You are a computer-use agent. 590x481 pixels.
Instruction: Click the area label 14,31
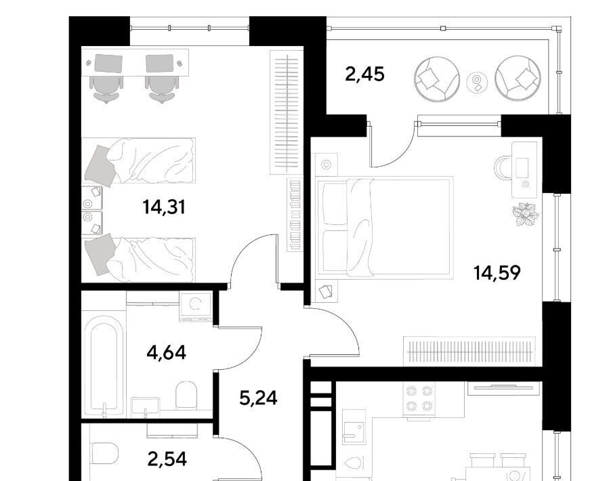(x=164, y=207)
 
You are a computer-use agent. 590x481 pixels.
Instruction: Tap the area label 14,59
(x=497, y=272)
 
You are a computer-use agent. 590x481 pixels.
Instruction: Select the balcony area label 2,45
(x=364, y=74)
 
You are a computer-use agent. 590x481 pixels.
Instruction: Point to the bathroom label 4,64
(x=167, y=353)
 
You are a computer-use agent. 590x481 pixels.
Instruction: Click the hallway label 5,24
(x=259, y=398)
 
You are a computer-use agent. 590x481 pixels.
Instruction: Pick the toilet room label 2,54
(x=167, y=459)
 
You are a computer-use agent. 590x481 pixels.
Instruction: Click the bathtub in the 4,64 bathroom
(x=104, y=364)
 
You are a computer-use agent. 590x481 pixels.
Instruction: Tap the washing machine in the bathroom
(x=195, y=307)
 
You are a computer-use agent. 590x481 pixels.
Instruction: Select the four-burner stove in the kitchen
(x=419, y=399)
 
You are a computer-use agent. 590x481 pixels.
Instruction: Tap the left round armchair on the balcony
(x=436, y=79)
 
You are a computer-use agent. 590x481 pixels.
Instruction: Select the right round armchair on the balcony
(x=518, y=79)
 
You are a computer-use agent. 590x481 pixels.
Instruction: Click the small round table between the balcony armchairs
(x=477, y=82)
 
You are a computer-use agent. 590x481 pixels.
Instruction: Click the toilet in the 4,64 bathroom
(x=187, y=395)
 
